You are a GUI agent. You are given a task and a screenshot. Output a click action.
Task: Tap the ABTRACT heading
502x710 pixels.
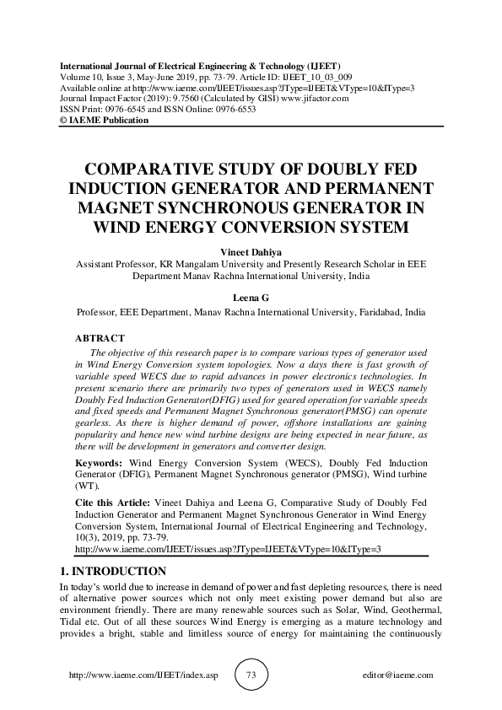click(100, 337)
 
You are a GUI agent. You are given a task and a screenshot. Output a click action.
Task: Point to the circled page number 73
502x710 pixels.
click(251, 675)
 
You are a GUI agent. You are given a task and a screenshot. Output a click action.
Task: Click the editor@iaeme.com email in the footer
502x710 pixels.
click(397, 675)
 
